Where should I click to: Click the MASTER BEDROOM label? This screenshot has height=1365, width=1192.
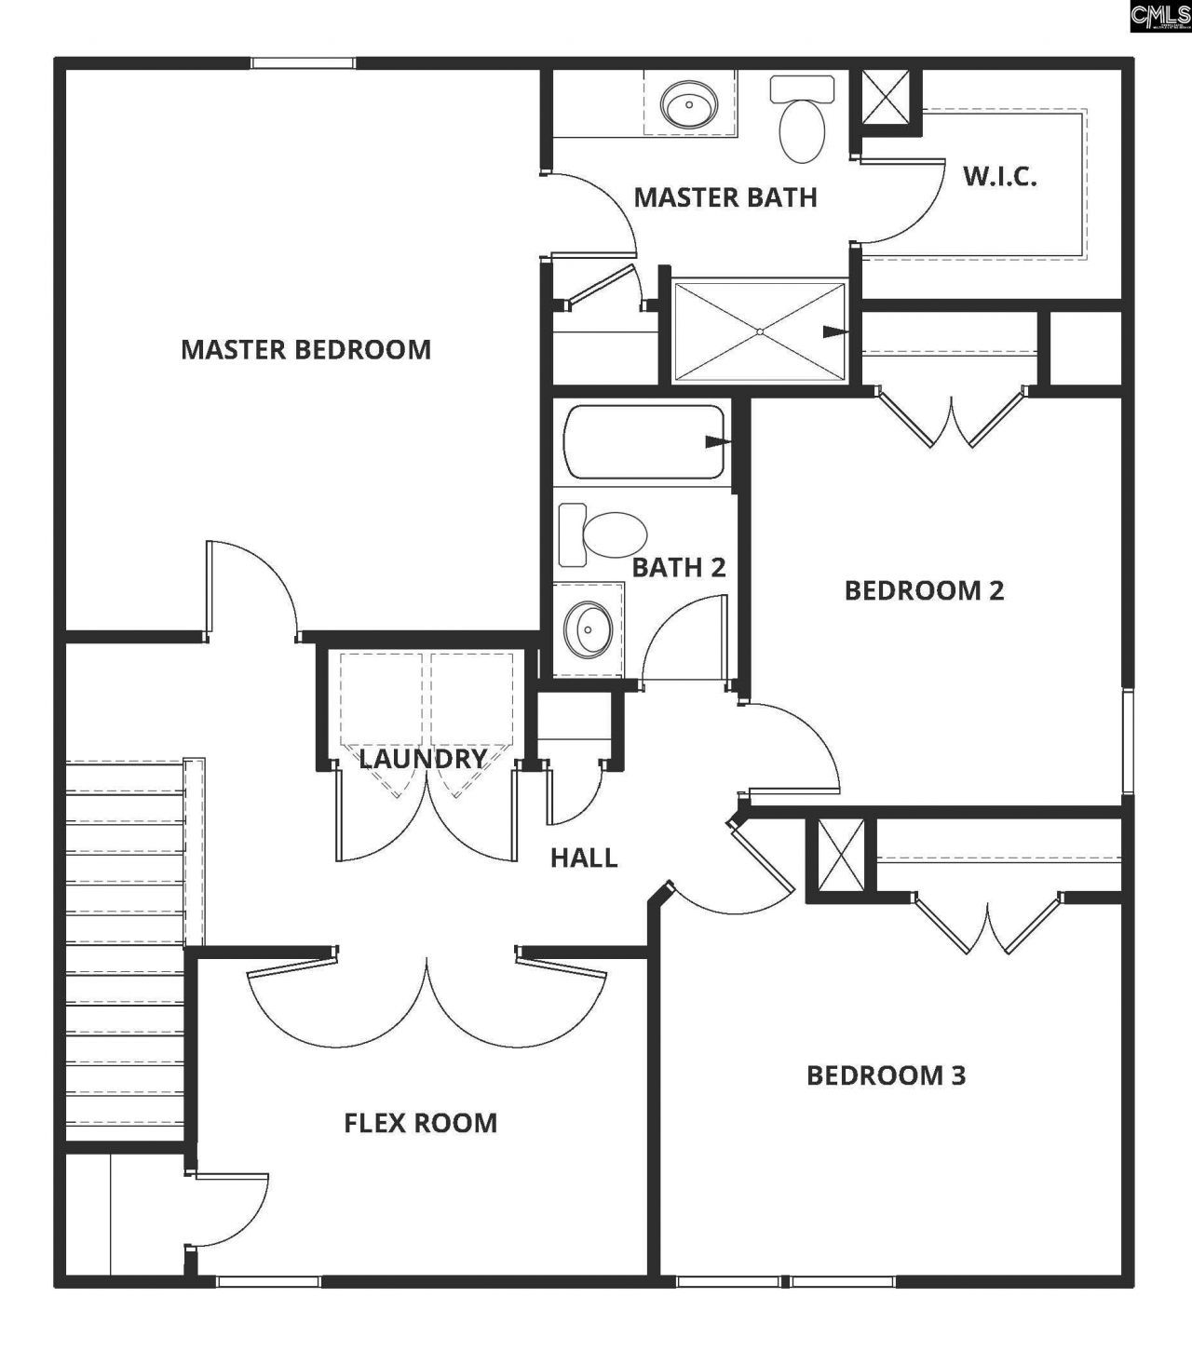click(x=305, y=349)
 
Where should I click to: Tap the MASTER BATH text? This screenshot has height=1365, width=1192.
click(x=725, y=197)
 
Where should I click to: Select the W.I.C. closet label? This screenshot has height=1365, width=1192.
click(x=999, y=176)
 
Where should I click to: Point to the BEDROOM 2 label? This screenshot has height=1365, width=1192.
click(x=924, y=590)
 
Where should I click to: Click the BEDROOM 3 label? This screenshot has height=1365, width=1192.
click(x=886, y=1075)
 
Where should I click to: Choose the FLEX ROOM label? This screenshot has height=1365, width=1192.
click(x=420, y=1123)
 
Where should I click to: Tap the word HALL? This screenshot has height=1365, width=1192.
click(x=584, y=858)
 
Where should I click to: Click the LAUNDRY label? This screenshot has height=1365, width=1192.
click(x=423, y=759)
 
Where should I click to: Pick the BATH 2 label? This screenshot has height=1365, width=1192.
click(x=678, y=567)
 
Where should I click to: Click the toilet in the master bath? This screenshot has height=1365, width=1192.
click(x=802, y=122)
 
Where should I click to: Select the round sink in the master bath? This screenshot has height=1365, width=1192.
click(x=688, y=103)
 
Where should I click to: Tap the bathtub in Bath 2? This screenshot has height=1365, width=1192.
click(x=643, y=442)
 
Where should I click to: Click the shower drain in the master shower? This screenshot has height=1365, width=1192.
click(x=760, y=331)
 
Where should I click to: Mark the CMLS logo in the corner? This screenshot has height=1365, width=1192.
click(x=1159, y=17)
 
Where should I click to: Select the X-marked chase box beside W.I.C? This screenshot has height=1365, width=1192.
click(x=886, y=96)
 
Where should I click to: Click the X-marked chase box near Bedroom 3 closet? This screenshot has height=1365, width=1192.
click(x=840, y=855)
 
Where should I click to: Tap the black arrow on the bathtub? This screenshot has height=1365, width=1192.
click(x=715, y=441)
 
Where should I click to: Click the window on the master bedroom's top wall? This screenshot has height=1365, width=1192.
click(x=303, y=63)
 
